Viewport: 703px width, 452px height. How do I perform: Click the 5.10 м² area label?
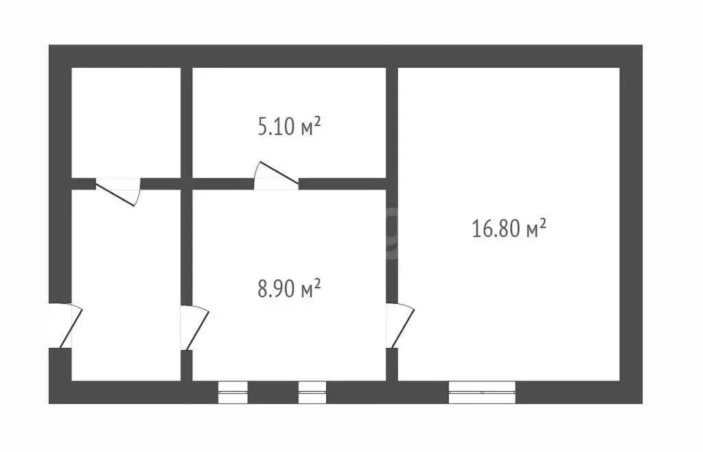(289, 127)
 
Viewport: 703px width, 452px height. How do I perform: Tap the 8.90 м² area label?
(289, 288)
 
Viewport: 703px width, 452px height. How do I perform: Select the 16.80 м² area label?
(509, 228)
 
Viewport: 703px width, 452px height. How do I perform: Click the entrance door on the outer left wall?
(65, 326)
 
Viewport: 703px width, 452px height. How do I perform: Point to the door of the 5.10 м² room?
(276, 176)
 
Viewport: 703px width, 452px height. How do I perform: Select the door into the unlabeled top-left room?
(118, 192)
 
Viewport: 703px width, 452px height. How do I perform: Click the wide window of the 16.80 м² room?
(482, 392)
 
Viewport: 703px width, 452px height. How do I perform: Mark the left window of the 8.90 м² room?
(233, 392)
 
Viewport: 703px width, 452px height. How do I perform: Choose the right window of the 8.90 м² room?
(312, 392)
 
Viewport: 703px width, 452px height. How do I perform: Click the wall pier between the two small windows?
(273, 392)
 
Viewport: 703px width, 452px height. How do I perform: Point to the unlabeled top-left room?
(126, 122)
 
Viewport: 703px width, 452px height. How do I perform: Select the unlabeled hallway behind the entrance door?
(126, 285)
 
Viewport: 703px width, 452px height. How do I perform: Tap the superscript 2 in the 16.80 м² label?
(542, 223)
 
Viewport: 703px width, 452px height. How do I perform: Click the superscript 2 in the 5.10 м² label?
(317, 121)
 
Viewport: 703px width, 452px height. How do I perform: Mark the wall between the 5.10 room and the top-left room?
(187, 122)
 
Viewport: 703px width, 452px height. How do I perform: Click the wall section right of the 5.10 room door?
(343, 184)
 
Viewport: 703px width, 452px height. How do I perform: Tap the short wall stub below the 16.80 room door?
(392, 365)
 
